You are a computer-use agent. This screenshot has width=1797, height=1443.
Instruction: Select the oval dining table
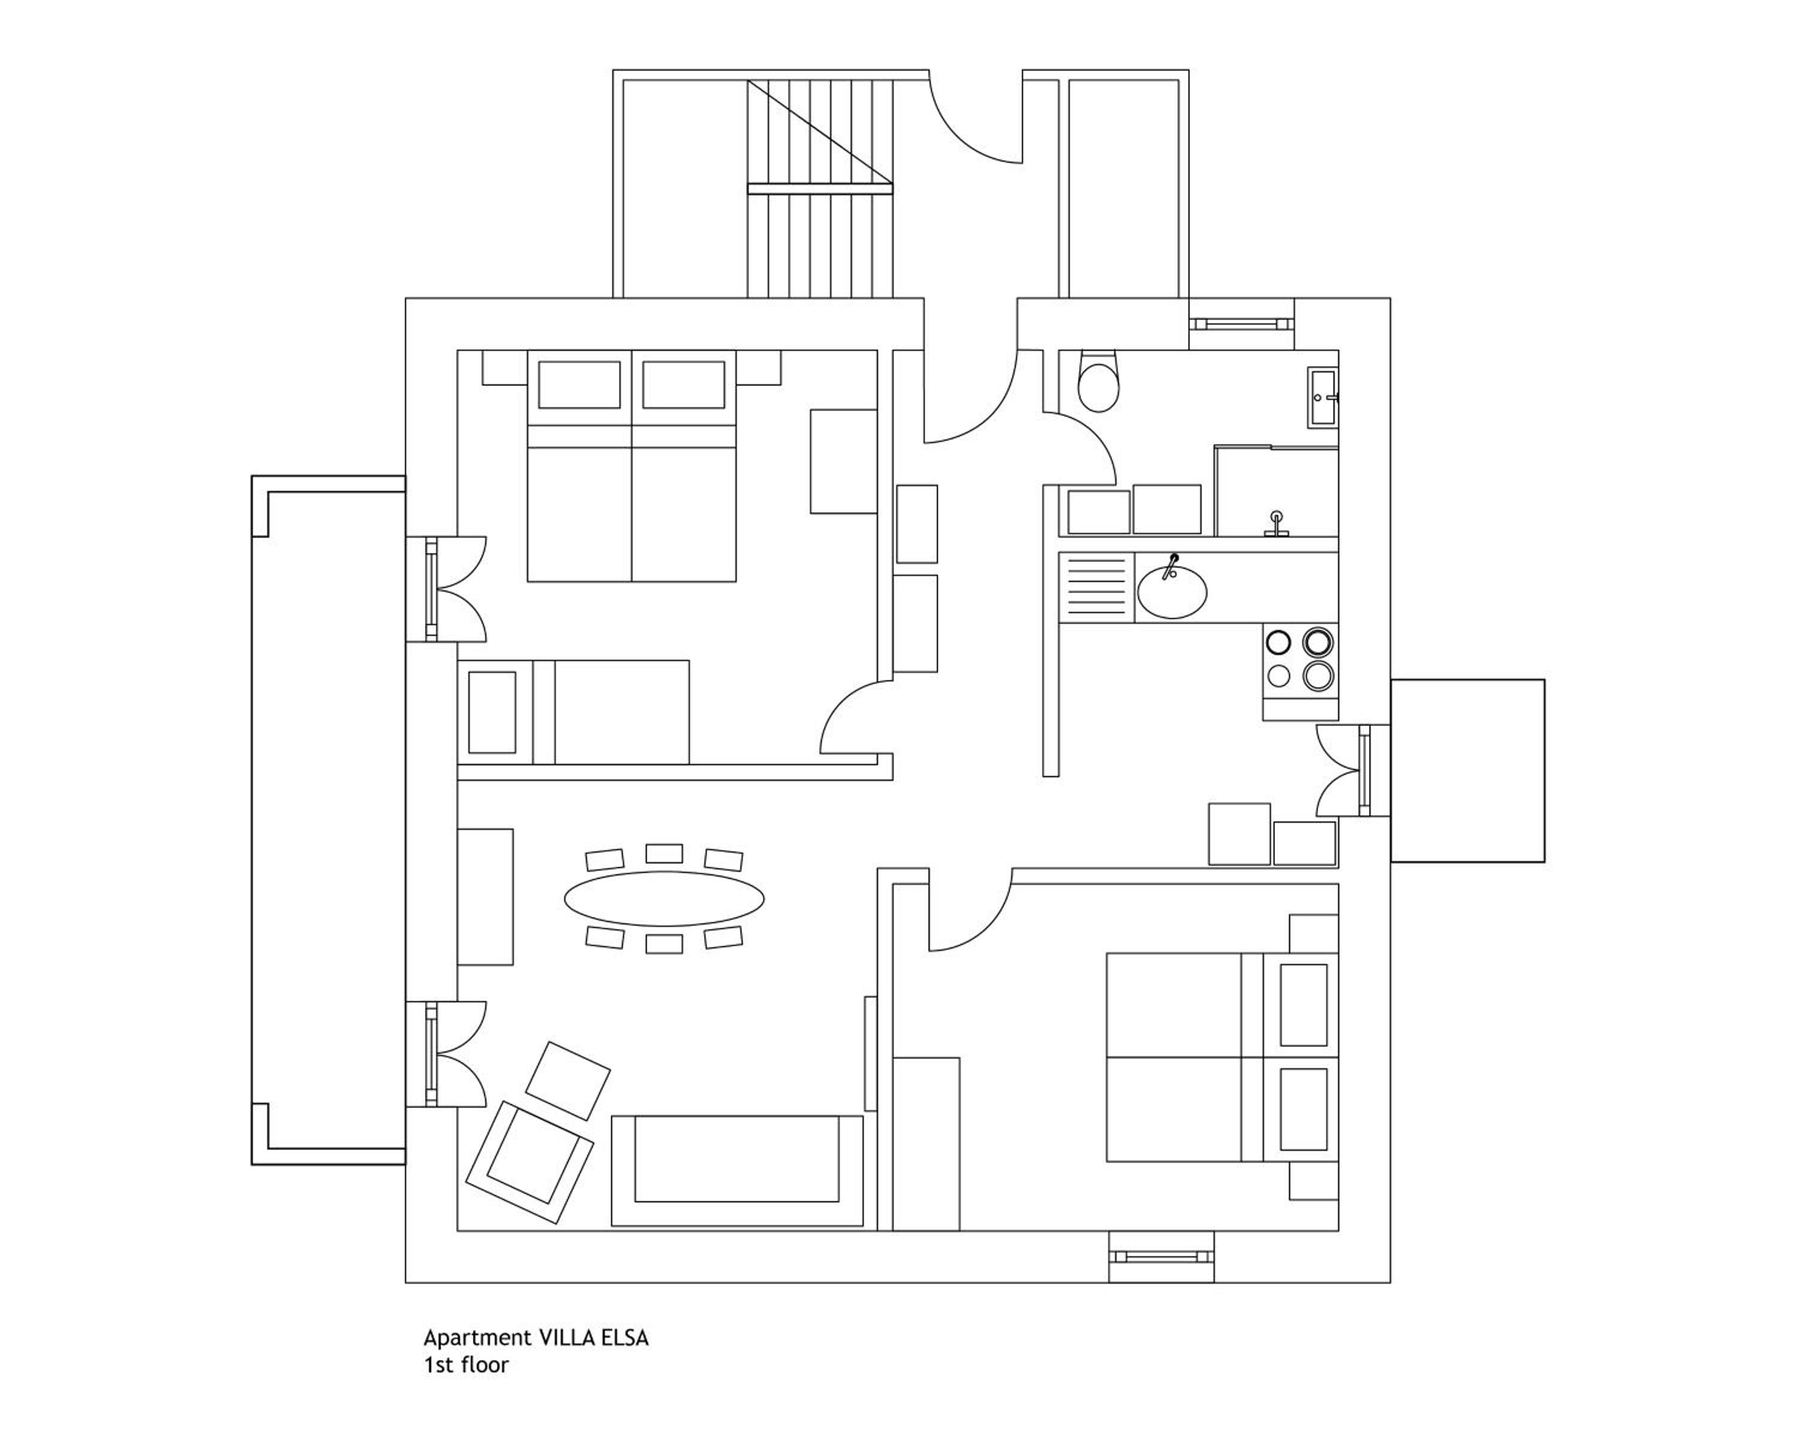[x=664, y=899]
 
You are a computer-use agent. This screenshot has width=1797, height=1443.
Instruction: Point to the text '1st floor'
[x=466, y=1365]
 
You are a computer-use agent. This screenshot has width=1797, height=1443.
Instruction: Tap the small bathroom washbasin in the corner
[x=1323, y=398]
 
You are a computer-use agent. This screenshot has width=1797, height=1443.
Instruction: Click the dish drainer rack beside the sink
[x=1096, y=587]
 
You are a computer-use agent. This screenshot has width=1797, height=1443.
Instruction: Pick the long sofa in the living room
[x=737, y=1171]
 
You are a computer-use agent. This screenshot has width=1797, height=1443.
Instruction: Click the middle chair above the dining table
[x=664, y=853]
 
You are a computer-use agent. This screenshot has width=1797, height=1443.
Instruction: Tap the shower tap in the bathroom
[x=1276, y=525]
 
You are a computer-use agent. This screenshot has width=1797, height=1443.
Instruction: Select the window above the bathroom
[x=1241, y=324]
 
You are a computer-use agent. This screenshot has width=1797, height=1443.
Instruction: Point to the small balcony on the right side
[x=1467, y=771]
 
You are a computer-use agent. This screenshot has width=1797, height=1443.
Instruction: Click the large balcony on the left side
[x=328, y=820]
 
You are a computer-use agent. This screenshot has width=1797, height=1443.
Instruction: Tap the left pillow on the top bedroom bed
[x=579, y=385]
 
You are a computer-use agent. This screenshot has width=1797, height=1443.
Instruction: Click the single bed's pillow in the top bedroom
[x=492, y=713]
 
